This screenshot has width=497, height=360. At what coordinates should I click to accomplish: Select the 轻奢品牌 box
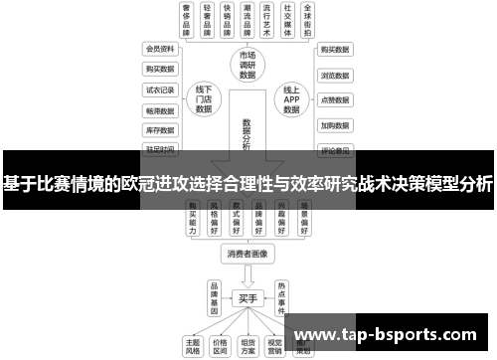[x=207, y=19]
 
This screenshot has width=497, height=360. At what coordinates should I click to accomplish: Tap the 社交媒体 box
[x=287, y=19]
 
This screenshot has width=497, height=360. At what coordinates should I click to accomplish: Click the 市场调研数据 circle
[x=247, y=65]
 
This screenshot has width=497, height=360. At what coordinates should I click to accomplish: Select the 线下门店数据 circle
[x=204, y=99]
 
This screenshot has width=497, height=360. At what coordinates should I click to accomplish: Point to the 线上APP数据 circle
[x=290, y=99]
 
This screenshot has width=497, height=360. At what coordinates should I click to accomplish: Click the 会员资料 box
[x=160, y=49]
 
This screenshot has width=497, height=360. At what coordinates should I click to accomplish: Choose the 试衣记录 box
[x=160, y=90]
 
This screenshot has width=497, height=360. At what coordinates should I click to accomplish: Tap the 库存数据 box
[x=160, y=130]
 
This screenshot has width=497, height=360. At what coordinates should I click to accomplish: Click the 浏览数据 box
[x=334, y=75]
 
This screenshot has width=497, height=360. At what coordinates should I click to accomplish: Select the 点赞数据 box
[x=334, y=100]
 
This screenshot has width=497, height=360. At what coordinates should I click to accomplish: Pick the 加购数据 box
[x=334, y=126]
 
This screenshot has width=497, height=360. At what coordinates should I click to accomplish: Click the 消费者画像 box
[x=247, y=254]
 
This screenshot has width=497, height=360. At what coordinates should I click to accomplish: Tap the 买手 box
[x=248, y=297]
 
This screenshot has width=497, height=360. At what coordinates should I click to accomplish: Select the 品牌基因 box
[x=213, y=294]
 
